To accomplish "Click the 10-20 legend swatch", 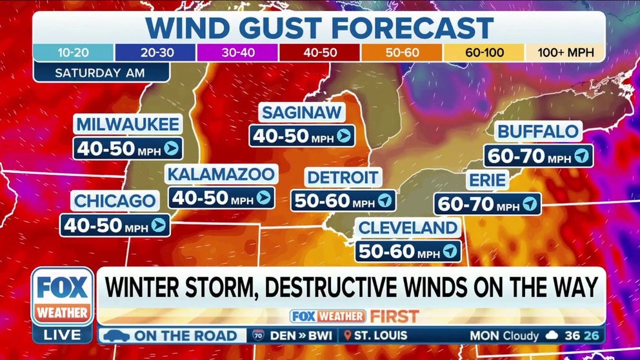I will (74, 52).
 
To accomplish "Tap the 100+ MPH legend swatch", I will (563, 52).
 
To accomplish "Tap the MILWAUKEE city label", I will (126, 125).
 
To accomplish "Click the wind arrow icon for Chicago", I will (157, 225).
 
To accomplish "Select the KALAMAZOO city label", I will (222, 174).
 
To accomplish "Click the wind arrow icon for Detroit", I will (385, 200).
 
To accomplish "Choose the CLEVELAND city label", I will (408, 227).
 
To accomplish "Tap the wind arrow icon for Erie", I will (529, 204).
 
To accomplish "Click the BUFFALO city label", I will (537, 132).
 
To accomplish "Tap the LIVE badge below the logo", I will (63, 335).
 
